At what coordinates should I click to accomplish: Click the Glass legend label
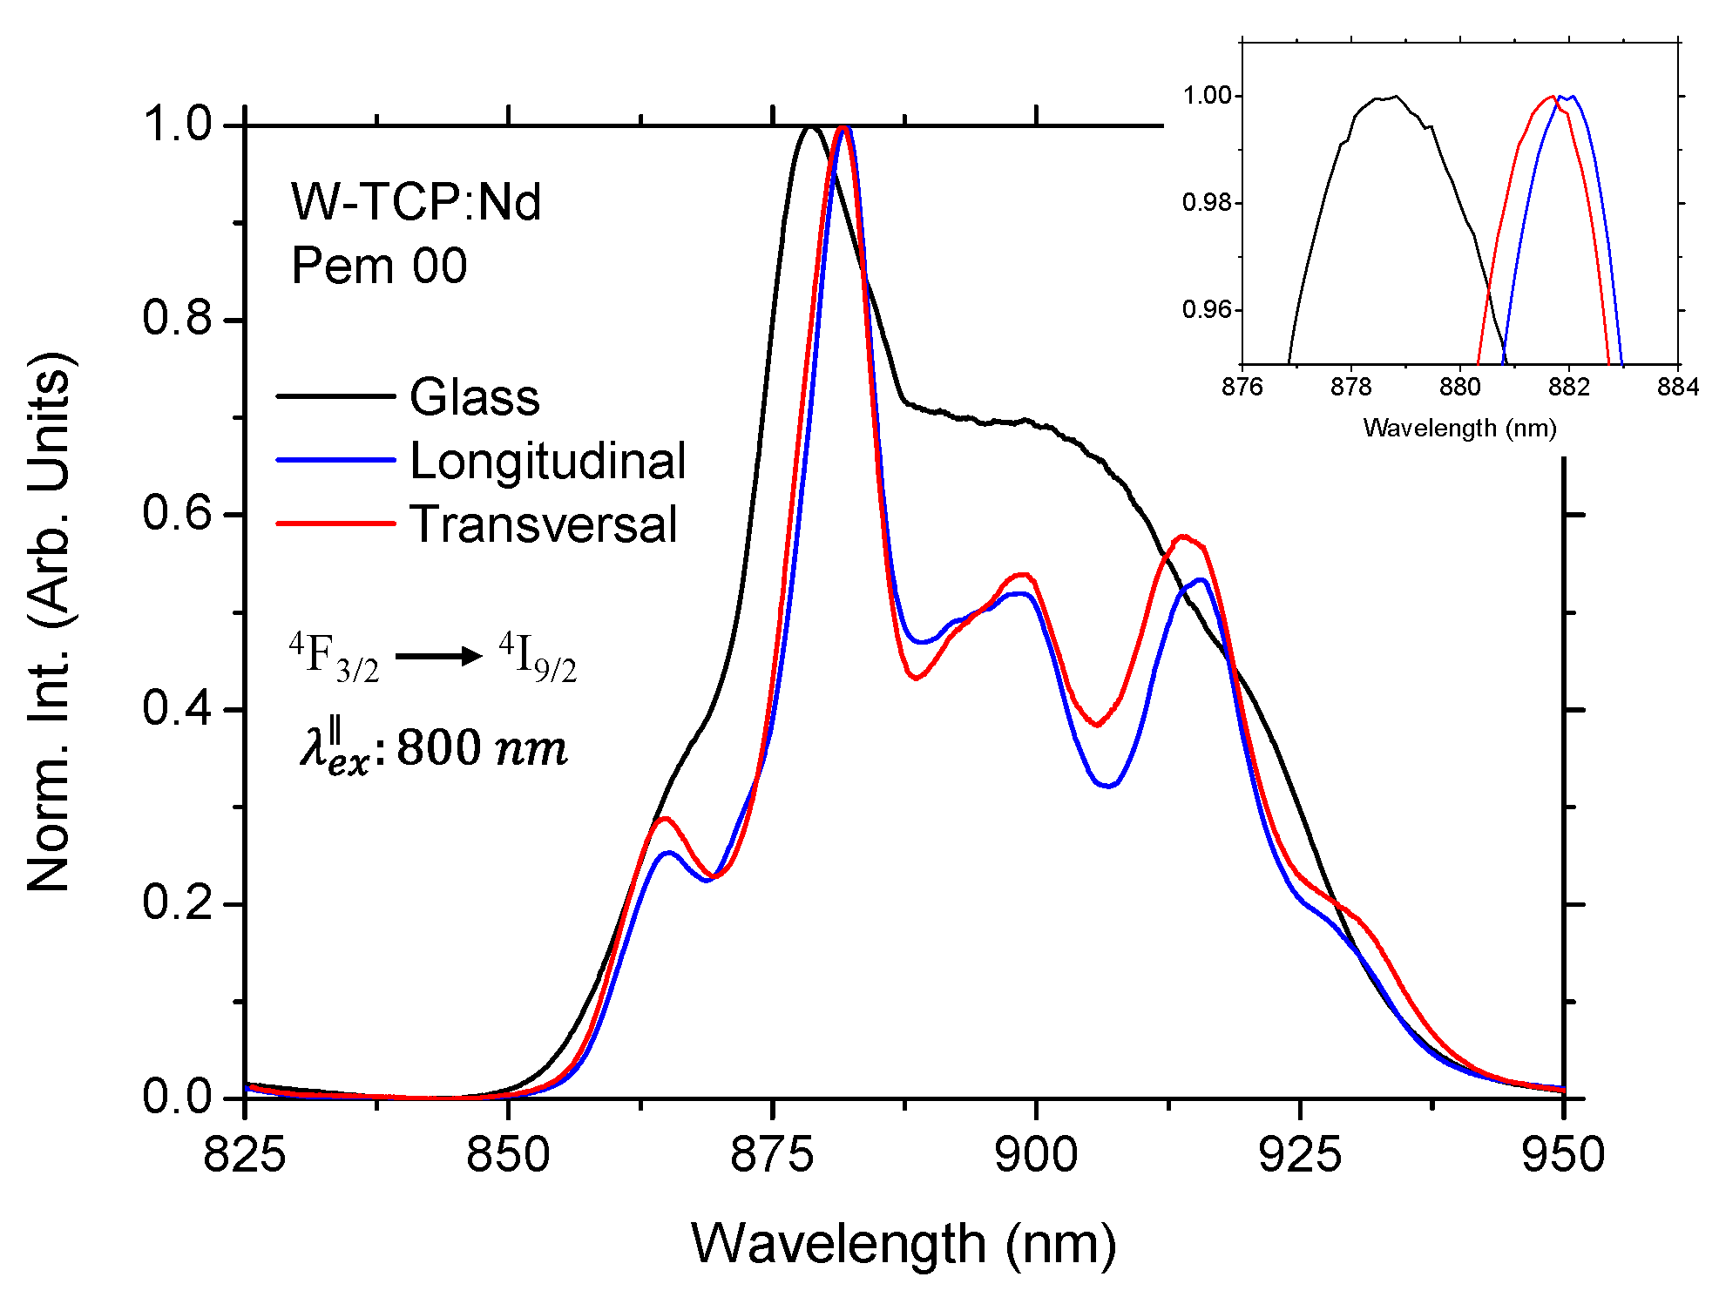point(474,397)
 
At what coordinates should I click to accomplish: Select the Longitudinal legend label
point(547,461)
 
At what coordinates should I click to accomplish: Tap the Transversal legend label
point(543,524)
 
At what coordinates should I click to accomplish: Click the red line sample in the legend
point(335,524)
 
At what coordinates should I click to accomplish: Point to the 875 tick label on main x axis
point(772,1156)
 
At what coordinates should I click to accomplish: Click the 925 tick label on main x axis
point(1300,1156)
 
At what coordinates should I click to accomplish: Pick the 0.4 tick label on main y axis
point(178,708)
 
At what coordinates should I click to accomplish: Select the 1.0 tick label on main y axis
point(178,124)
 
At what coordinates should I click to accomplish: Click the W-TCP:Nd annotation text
point(416,202)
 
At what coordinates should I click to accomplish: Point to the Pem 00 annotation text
point(379,266)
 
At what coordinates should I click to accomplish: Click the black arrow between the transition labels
point(438,655)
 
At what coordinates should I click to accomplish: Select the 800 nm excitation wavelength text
point(482,747)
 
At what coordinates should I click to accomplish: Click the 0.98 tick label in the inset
point(1207,203)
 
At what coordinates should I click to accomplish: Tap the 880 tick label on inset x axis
point(1459,387)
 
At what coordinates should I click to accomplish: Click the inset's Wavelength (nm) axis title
point(1459,428)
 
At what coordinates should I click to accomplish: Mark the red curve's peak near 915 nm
point(1182,537)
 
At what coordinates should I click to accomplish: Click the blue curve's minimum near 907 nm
point(1107,786)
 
